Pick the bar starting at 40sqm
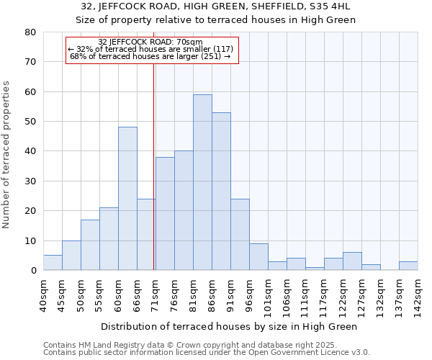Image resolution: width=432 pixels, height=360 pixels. click(53, 263)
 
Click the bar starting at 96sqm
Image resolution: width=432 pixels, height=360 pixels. click(258, 257)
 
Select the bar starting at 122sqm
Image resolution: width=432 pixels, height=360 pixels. click(352, 261)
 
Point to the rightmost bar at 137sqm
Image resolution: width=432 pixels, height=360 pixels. click(408, 266)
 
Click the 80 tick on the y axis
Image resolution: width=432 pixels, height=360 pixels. click(30, 32)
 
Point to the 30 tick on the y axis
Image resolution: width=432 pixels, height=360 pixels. click(30, 181)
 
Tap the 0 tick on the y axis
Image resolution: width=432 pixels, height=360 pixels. click(33, 270)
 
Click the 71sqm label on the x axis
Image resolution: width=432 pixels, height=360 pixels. click(156, 295)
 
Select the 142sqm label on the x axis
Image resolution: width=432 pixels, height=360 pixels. click(418, 295)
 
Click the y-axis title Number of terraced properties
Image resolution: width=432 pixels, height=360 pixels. click(6, 155)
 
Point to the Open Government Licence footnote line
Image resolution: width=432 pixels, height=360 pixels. click(207, 353)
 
